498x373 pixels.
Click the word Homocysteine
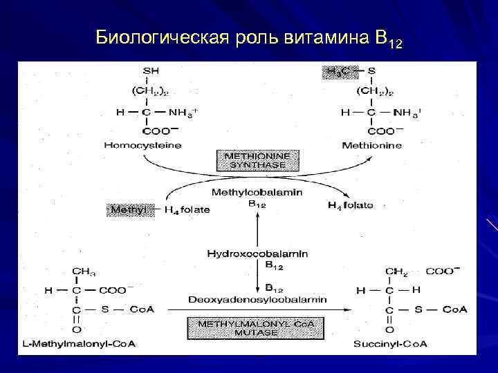tap(142, 145)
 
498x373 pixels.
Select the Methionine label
tap(371, 145)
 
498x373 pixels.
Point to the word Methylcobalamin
tap(257, 192)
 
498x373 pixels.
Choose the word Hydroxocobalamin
tap(257, 254)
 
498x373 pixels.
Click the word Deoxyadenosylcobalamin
tap(258, 299)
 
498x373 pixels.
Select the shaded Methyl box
tap(127, 209)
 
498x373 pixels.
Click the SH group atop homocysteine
tap(149, 70)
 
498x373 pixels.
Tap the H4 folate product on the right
tap(350, 205)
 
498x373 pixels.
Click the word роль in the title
tap(256, 37)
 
